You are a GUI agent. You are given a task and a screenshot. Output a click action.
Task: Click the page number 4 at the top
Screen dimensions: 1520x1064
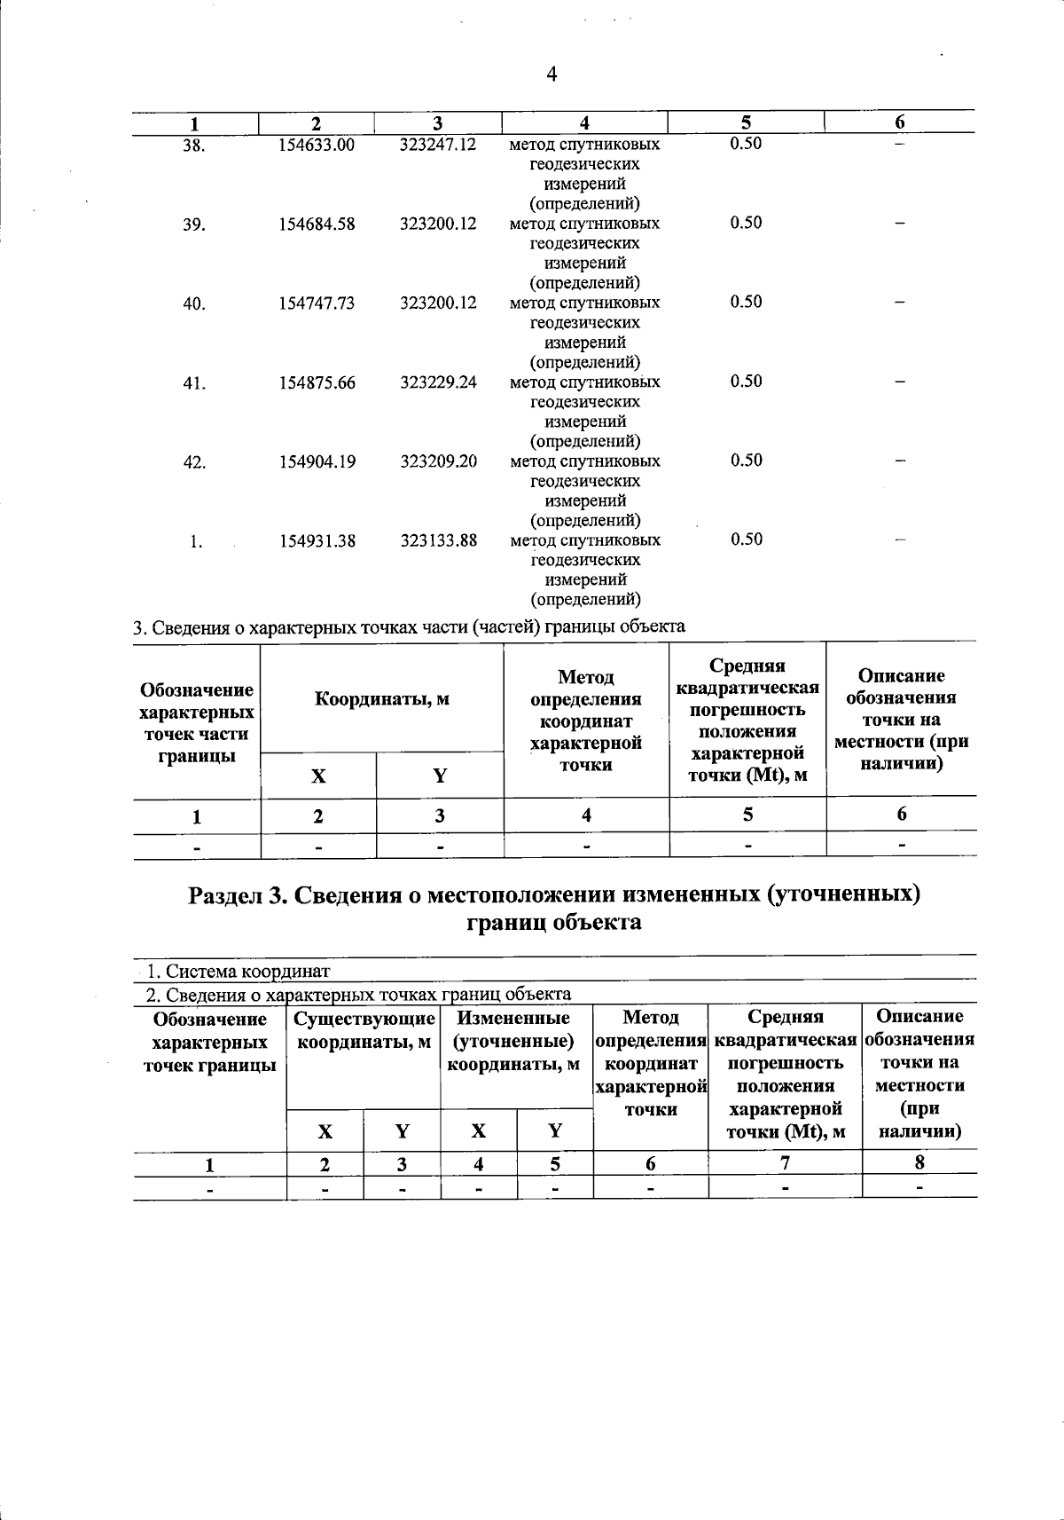(x=552, y=75)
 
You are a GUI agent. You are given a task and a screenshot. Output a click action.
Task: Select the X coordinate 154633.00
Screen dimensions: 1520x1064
(x=317, y=145)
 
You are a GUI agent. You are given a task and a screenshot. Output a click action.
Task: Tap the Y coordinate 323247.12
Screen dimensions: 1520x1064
(x=438, y=144)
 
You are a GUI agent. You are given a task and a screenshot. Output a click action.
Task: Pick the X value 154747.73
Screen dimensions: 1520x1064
(x=317, y=303)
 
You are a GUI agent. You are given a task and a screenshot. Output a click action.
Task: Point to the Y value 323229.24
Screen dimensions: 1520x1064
(x=438, y=382)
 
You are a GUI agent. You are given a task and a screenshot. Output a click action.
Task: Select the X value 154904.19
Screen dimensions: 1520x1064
(x=317, y=461)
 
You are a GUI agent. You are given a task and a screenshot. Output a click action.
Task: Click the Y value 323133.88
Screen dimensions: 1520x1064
(x=438, y=540)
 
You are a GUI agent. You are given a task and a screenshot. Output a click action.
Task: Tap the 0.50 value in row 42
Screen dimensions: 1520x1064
(x=746, y=461)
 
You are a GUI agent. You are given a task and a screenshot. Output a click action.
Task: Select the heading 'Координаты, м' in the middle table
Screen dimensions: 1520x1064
(x=382, y=699)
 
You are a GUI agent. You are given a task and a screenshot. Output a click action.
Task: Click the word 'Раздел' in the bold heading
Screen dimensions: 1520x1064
(x=226, y=894)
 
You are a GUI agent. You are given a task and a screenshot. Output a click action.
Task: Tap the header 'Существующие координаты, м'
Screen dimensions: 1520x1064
(x=364, y=1029)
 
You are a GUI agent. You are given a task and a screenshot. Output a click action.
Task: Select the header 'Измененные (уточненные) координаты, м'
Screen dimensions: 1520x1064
(x=515, y=1041)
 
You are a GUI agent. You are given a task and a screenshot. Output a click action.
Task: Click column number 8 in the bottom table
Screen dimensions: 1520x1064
(x=919, y=1162)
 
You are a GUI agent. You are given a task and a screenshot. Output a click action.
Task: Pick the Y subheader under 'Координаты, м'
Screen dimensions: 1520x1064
(x=440, y=776)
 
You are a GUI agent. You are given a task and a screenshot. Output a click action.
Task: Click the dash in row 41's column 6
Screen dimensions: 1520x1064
(x=900, y=382)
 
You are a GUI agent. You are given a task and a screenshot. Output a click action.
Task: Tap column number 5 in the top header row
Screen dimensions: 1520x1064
(x=746, y=122)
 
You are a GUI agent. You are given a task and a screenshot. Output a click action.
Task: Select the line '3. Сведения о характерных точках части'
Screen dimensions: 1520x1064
(x=408, y=626)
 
